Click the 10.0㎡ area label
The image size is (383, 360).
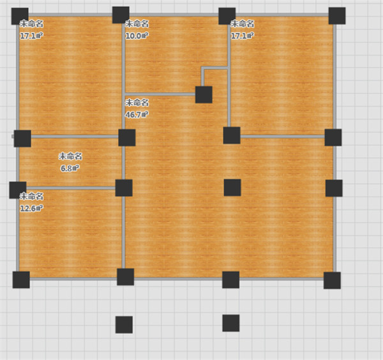[x=137, y=36]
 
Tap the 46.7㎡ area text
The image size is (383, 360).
[x=137, y=114]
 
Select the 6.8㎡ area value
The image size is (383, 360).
[x=70, y=169]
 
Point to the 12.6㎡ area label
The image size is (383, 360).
[x=31, y=208]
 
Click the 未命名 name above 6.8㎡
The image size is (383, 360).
[x=70, y=156]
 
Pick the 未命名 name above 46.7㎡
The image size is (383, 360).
[x=137, y=103]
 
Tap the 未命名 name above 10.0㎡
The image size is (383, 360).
[x=137, y=24]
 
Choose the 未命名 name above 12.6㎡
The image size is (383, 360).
[x=31, y=197]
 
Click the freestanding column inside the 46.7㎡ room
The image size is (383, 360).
[x=232, y=188]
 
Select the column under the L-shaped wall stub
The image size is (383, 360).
[x=204, y=94]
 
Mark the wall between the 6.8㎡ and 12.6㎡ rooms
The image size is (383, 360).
[x=71, y=188]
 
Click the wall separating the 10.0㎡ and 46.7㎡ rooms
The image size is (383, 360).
[x=160, y=94]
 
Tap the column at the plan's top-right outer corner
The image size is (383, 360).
[x=337, y=16]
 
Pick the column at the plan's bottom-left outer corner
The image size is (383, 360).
[x=21, y=280]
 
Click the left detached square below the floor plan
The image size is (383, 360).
[x=124, y=325]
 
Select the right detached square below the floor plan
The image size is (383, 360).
[x=231, y=323]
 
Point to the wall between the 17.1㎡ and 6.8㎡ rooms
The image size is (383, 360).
[x=75, y=137]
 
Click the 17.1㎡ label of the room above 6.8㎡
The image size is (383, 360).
[x=31, y=36]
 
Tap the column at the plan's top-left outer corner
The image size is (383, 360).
[x=20, y=16]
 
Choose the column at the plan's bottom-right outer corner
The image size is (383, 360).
[x=332, y=280]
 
